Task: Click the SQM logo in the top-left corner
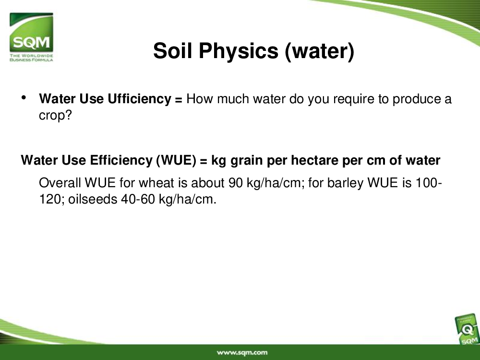click(31, 37)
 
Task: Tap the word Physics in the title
click(239, 51)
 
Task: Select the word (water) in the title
click(320, 51)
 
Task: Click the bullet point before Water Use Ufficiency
click(24, 98)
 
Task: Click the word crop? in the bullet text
click(55, 116)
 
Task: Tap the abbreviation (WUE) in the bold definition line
click(176, 160)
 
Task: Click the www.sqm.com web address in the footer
click(242, 353)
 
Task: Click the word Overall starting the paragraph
click(60, 183)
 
